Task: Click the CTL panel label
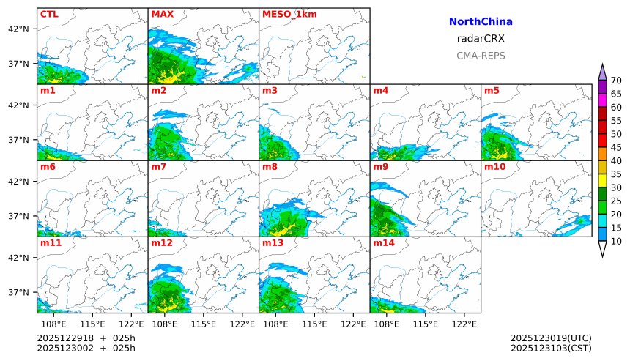[x=49, y=14]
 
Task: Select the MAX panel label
[x=162, y=14]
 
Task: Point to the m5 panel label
[x=492, y=91]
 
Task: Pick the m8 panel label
[x=270, y=167]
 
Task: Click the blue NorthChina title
[x=481, y=22]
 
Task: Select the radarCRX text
[x=481, y=39]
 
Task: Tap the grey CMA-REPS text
[x=481, y=56]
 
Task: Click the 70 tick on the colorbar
[x=616, y=81]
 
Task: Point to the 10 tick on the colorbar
[x=616, y=241]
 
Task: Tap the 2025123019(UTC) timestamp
[x=551, y=338]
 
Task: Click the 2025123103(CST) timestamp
[x=551, y=348]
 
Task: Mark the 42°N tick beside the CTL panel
[x=18, y=29]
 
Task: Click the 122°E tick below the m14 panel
[x=466, y=323]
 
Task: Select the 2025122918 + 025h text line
[x=86, y=338]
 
